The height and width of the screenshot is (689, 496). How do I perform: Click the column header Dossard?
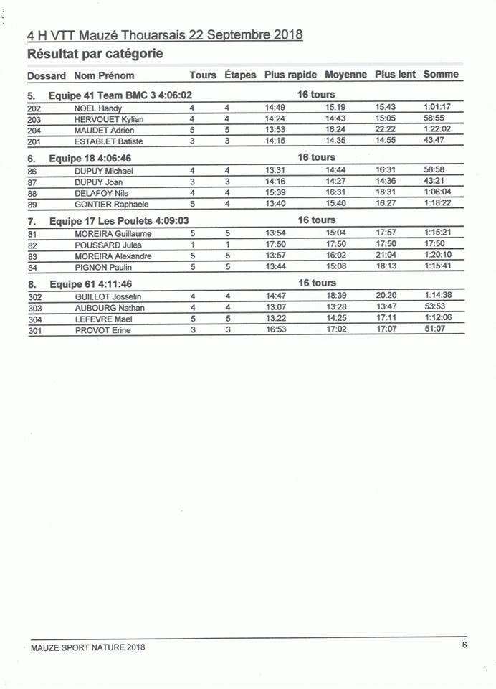(47, 75)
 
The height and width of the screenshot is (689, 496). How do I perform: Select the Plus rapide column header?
(290, 75)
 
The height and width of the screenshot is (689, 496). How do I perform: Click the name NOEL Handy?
(98, 108)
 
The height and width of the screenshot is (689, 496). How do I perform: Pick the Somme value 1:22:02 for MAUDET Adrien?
(437, 129)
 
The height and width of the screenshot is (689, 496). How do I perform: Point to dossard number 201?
(34, 142)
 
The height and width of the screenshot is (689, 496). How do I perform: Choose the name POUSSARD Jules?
(108, 245)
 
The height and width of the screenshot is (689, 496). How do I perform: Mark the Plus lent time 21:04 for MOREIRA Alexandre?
(386, 255)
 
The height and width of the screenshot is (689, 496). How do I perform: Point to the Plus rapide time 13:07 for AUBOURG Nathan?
(275, 307)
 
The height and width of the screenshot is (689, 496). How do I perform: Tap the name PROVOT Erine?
(102, 331)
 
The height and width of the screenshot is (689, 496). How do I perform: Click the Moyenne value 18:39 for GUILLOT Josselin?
(335, 296)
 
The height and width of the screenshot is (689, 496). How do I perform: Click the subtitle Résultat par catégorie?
(95, 53)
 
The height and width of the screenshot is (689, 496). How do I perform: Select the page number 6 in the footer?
(464, 645)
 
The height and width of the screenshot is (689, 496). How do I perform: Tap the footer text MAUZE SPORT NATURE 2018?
(88, 647)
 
